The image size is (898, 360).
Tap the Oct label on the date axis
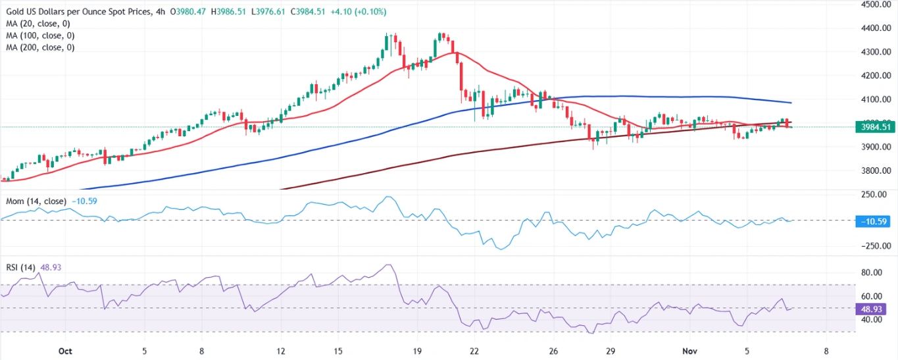(64, 351)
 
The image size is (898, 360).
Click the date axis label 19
(416, 351)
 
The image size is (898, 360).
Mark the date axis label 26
(553, 351)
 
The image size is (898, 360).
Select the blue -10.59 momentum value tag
(873, 221)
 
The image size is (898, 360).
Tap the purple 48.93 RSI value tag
(873, 308)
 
